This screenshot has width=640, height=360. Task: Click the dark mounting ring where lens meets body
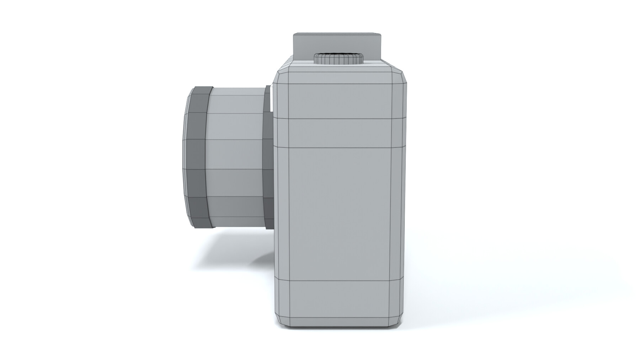268,156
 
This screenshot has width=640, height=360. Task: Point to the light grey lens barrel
236,156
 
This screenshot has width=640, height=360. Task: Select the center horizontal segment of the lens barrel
236,155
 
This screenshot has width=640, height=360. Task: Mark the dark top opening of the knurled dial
338,55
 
